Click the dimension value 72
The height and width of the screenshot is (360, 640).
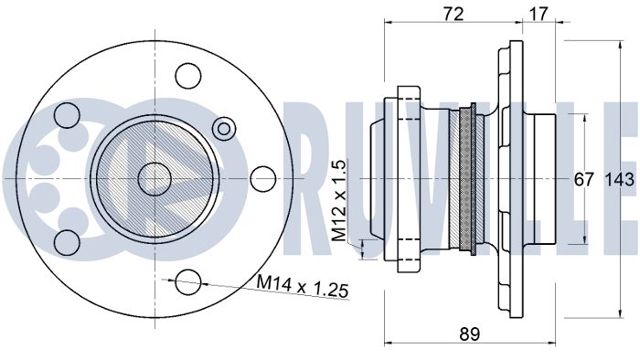(453, 15)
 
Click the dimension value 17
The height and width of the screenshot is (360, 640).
(539, 15)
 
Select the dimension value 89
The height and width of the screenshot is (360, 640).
(469, 334)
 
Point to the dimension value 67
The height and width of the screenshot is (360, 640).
(583, 179)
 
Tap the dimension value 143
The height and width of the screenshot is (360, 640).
(620, 179)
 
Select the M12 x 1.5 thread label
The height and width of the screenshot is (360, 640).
(339, 201)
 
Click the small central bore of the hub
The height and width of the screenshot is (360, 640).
(155, 179)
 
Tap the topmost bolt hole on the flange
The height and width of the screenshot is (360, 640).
(188, 76)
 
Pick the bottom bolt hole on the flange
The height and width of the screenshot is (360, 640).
(188, 281)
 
